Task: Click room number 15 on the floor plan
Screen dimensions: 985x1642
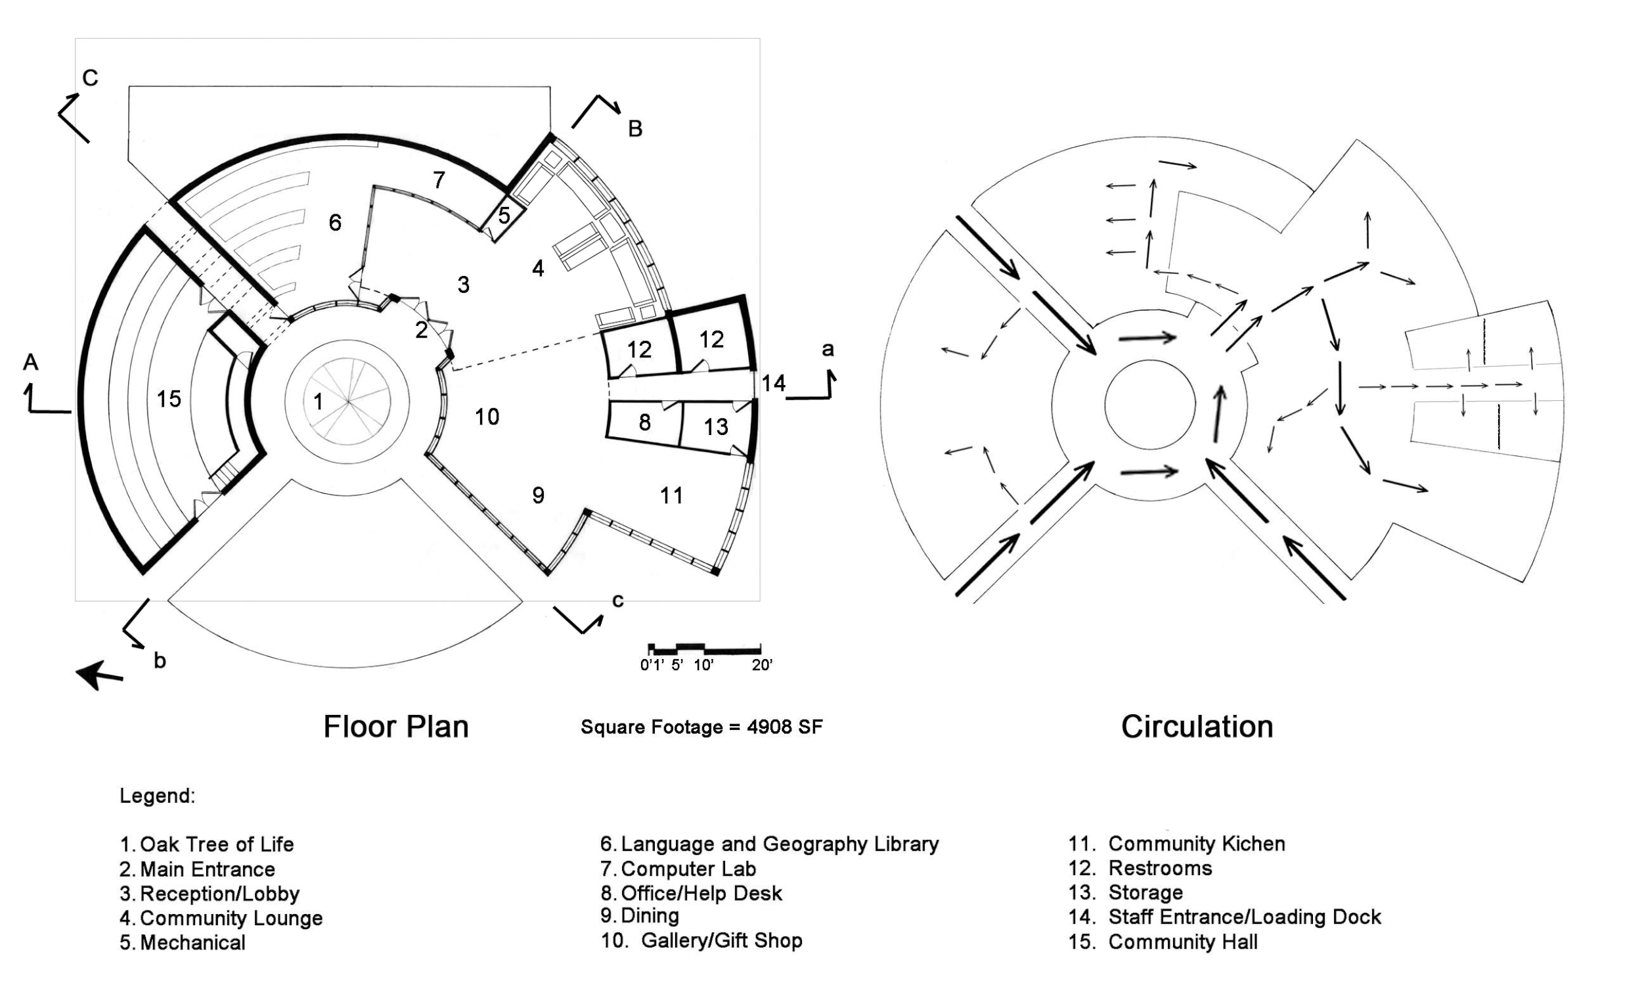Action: pyautogui.click(x=169, y=399)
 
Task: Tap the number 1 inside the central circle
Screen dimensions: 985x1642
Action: pyautogui.click(x=318, y=401)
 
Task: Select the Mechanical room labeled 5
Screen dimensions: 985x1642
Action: pyautogui.click(x=504, y=216)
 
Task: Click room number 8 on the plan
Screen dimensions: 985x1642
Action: pyautogui.click(x=644, y=422)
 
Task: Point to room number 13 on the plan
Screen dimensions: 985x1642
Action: pyautogui.click(x=716, y=426)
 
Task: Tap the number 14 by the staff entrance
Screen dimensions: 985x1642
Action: pyautogui.click(x=773, y=383)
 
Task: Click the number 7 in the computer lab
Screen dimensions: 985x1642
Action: pyautogui.click(x=439, y=180)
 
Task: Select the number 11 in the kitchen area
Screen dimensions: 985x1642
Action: pyautogui.click(x=671, y=495)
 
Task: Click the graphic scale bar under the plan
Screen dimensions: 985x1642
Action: pyautogui.click(x=705, y=649)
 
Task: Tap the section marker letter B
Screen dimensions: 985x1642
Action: pyautogui.click(x=635, y=129)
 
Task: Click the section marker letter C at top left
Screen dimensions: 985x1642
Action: pyautogui.click(x=90, y=78)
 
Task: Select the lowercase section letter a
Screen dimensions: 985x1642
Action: pyautogui.click(x=828, y=349)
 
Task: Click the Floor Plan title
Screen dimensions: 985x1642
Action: pyautogui.click(x=396, y=727)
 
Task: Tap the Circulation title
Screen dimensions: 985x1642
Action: pyautogui.click(x=1197, y=727)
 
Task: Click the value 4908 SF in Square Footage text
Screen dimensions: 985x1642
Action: pyautogui.click(x=784, y=727)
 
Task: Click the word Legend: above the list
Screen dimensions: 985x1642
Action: pyautogui.click(x=157, y=796)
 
